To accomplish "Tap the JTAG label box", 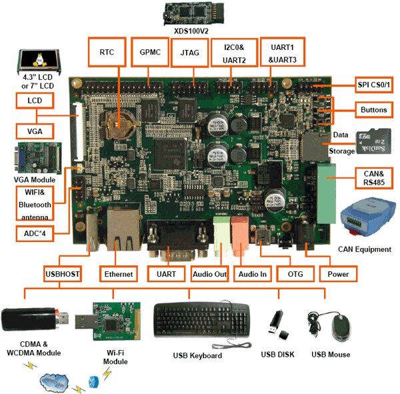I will tap(187, 51).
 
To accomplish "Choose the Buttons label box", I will tap(373, 109).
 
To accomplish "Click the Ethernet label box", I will tap(118, 274).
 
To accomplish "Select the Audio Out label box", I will tap(210, 274).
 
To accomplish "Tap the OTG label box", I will tap(295, 274).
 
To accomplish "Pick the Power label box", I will tap(338, 274).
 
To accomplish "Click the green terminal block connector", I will tap(327, 193).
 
